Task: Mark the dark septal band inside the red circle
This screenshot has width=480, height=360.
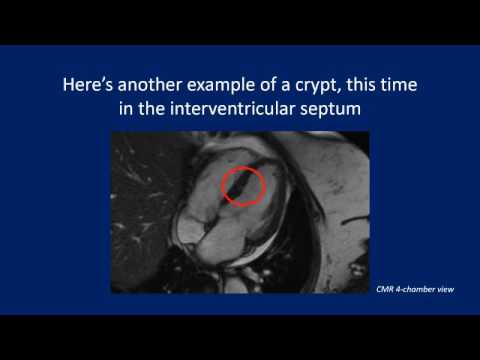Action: [x=241, y=187]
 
